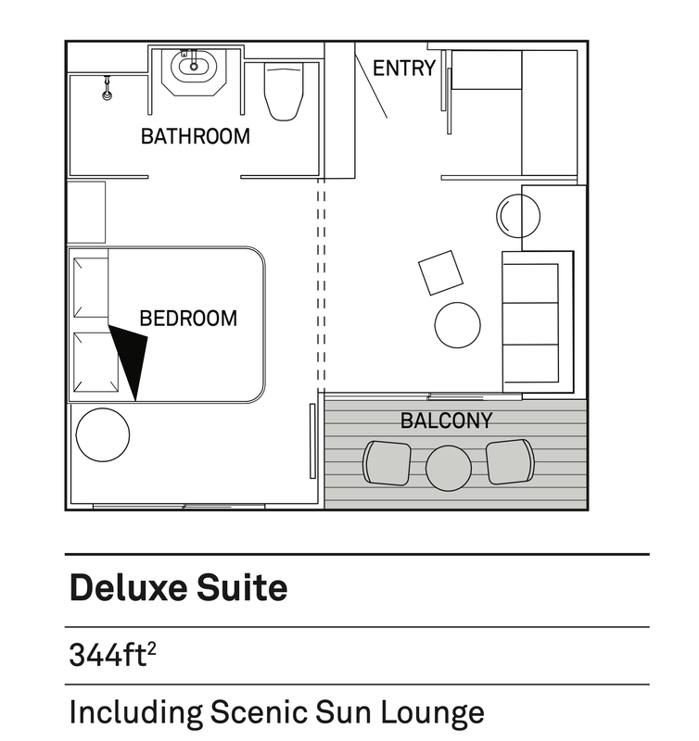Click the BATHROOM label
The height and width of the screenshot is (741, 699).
196,136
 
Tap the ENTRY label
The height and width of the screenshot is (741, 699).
404,68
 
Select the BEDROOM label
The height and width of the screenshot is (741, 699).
188,319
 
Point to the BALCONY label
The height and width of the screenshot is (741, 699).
447,421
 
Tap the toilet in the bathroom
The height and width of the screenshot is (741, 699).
284,92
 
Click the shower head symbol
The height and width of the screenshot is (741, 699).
108,88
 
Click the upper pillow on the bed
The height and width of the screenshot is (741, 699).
91,287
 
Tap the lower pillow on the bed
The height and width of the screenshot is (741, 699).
96,362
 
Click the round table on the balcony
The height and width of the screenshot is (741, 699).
449,469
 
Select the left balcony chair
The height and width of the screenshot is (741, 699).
387,463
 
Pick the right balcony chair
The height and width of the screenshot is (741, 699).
510,461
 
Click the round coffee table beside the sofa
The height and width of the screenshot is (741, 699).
457,325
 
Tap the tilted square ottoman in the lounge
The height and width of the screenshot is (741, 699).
440,272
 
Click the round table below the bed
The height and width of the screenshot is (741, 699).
103,434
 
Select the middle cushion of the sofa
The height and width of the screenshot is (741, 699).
530,323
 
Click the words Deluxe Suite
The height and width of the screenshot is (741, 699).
178,587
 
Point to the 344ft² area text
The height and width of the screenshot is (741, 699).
112,655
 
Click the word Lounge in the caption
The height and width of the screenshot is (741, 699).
432,712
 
